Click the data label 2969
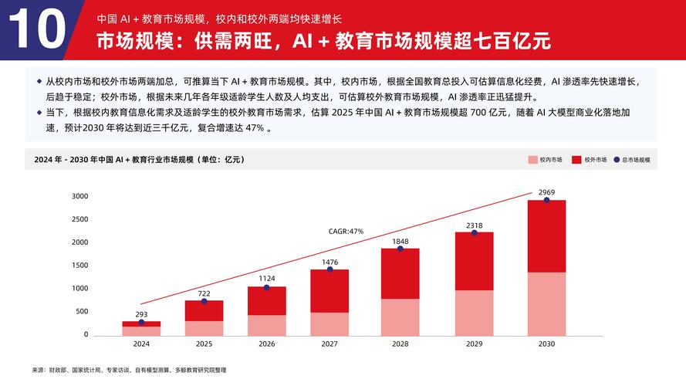click(546, 191)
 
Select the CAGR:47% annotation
click(346, 231)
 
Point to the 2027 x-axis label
click(329, 344)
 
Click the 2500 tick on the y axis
click(80, 219)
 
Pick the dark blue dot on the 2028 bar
click(400, 249)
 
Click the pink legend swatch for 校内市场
click(532, 160)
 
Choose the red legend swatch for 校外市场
click(576, 160)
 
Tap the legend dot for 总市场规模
click(617, 160)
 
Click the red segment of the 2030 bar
click(546, 236)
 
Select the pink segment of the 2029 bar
click(474, 313)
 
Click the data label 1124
click(266, 279)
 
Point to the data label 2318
click(474, 225)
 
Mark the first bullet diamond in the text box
click(39, 80)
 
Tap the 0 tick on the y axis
click(86, 335)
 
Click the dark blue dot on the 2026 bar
click(266, 287)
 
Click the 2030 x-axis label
click(546, 344)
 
